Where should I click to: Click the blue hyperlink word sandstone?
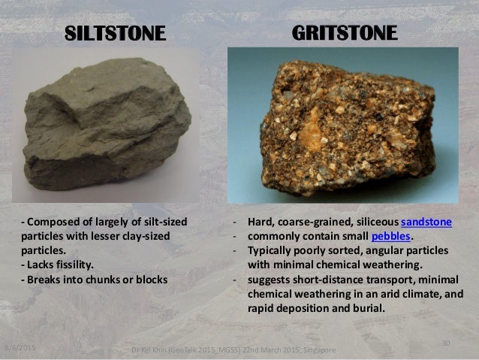click(x=426, y=222)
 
